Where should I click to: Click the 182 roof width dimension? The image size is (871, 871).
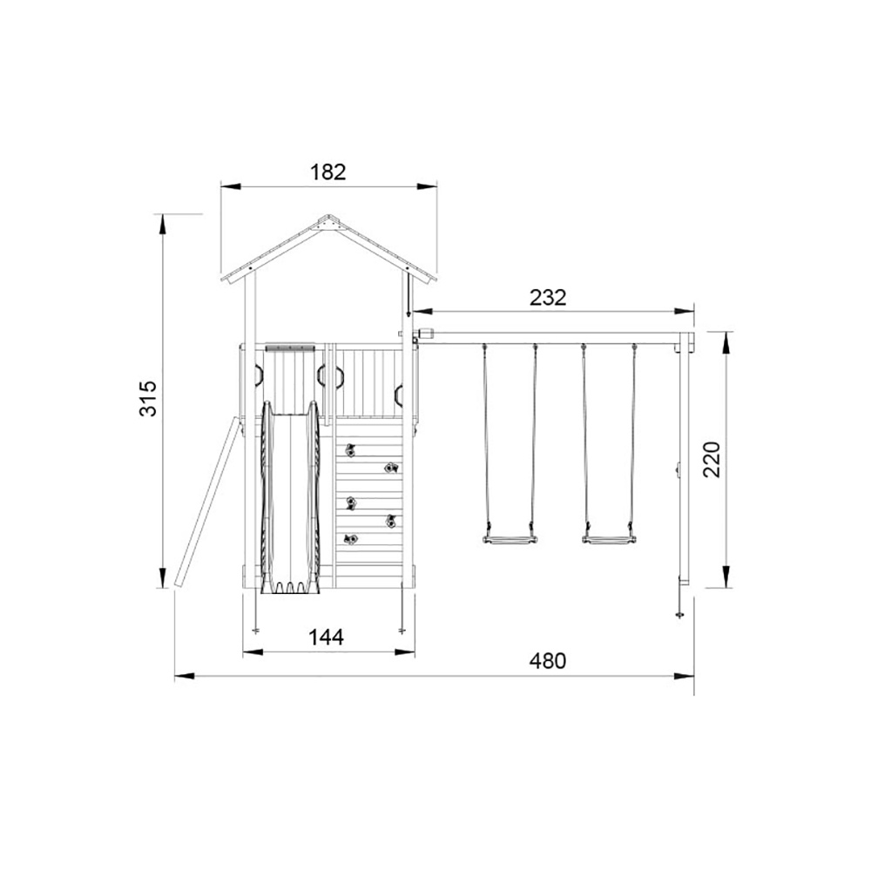pyautogui.click(x=327, y=172)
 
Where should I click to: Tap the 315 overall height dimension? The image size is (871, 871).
pyautogui.click(x=148, y=398)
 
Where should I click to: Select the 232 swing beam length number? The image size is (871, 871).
pyautogui.click(x=548, y=298)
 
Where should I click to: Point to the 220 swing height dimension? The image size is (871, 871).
pyautogui.click(x=711, y=459)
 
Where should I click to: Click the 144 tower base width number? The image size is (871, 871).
pyautogui.click(x=326, y=638)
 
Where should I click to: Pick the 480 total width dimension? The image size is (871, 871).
pyautogui.click(x=548, y=661)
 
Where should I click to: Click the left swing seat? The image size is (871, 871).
pyautogui.click(x=510, y=539)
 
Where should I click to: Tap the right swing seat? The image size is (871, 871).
pyautogui.click(x=608, y=539)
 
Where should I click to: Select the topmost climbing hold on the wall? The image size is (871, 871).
pyautogui.click(x=350, y=450)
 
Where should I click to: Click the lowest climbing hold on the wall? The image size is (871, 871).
pyautogui.click(x=350, y=539)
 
